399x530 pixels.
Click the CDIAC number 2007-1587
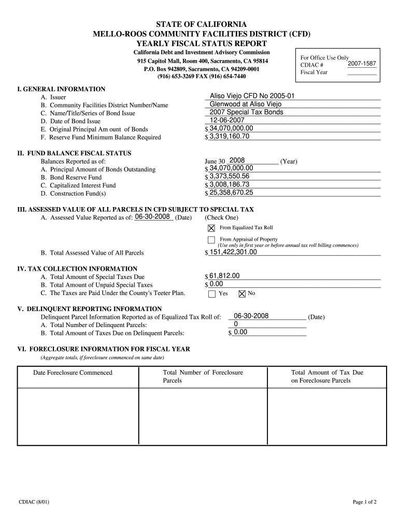(362, 64)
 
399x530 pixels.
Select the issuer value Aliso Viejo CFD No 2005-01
(252, 96)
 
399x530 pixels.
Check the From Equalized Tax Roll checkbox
(211, 228)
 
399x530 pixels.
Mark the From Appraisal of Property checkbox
(211, 240)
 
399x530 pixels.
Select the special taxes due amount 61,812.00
(224, 276)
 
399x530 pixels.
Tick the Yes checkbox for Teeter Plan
(211, 294)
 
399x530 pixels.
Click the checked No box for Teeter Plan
(241, 294)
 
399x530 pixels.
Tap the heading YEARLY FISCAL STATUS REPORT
(201, 43)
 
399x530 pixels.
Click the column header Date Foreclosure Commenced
(73, 373)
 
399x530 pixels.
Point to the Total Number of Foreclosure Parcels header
(203, 376)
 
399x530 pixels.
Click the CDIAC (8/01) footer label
(34, 502)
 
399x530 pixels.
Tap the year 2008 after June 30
(237, 160)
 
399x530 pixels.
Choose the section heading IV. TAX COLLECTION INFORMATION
(77, 269)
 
